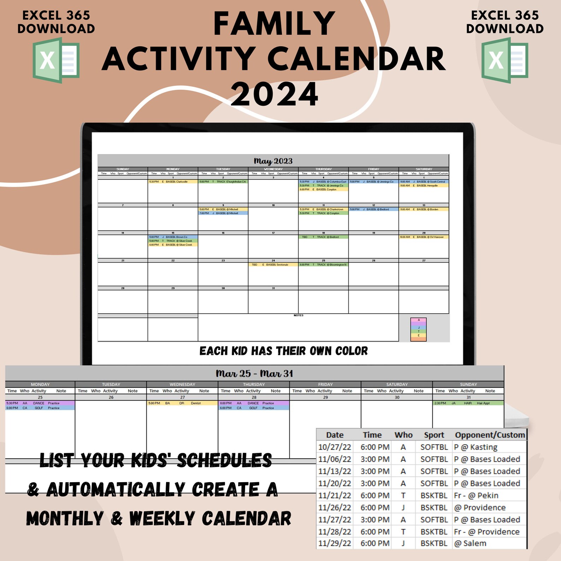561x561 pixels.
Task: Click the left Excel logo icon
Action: pos(56,61)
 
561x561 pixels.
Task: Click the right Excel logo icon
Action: pos(504,61)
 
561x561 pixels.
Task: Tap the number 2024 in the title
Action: pos(274,94)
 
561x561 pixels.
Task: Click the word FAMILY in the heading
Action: pos(274,24)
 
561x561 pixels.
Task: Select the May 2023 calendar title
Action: pos(273,161)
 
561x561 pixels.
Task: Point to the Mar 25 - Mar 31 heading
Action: pos(254,373)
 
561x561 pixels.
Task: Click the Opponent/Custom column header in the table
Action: pos(490,435)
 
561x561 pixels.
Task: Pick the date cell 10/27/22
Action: pos(334,447)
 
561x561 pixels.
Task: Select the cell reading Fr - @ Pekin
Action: pos(476,496)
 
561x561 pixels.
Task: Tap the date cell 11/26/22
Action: pos(334,508)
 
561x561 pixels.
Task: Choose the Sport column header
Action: pos(434,435)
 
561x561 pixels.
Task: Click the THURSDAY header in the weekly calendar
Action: pos(254,384)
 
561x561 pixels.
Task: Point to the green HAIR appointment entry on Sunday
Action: pos(468,403)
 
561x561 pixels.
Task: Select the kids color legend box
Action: pos(419,329)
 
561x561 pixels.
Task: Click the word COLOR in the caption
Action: pos(351,351)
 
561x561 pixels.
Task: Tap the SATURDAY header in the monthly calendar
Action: pos(424,169)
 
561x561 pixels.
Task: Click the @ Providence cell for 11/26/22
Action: pos(480,508)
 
